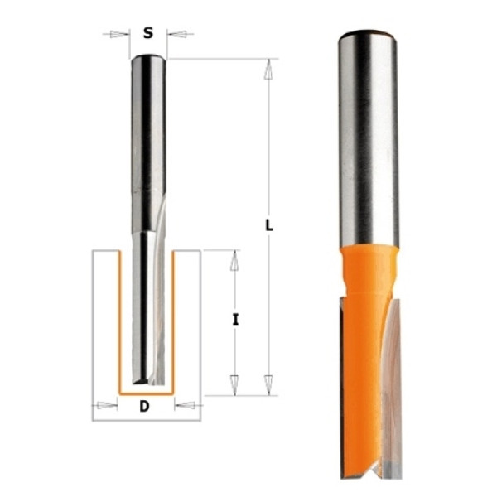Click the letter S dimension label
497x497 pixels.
tap(148, 33)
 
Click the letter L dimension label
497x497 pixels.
tap(268, 225)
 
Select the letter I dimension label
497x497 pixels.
tap(235, 319)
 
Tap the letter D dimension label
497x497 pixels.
tap(144, 406)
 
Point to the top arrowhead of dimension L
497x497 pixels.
tap(268, 70)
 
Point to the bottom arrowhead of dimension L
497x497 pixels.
tap(268, 385)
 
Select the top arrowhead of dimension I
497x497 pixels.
tap(234, 261)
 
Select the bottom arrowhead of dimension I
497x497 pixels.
tap(234, 385)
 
